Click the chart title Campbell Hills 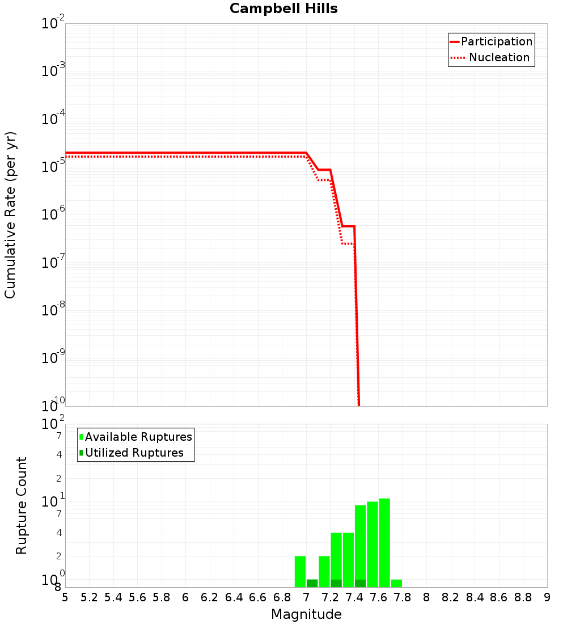[x=283, y=9]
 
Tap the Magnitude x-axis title [x=306, y=614]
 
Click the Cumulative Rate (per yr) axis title [x=10, y=215]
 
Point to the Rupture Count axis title [x=22, y=505]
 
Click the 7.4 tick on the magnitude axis [x=354, y=597]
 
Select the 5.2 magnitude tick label [x=89, y=597]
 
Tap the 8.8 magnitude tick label [x=523, y=597]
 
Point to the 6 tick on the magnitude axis [x=185, y=597]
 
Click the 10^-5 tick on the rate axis [x=53, y=167]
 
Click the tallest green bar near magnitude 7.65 [x=384, y=542]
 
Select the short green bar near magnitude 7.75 [x=396, y=583]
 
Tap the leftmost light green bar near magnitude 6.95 [x=300, y=571]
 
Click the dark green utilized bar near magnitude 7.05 [x=312, y=583]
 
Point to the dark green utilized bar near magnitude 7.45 [x=360, y=583]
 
